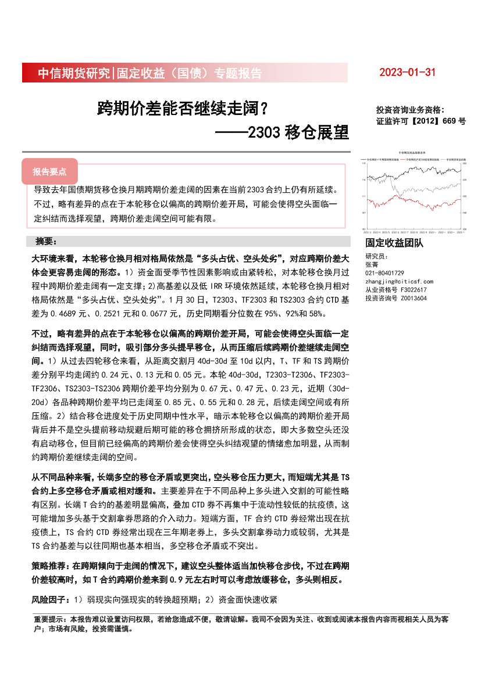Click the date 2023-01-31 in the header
(x=407, y=73)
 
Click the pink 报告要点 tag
(x=49, y=171)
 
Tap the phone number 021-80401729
(x=384, y=273)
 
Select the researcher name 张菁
(x=370, y=264)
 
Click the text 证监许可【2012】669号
(x=421, y=121)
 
